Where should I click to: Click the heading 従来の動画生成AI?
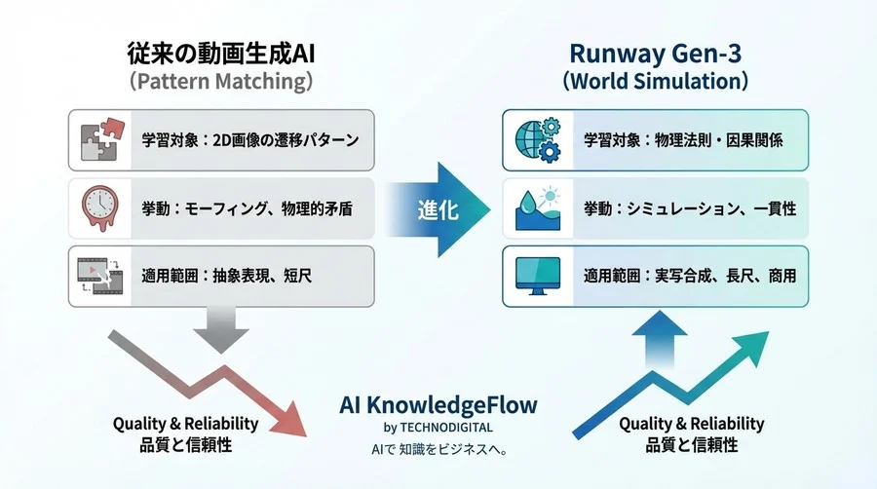pyautogui.click(x=221, y=52)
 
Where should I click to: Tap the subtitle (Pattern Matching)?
pyautogui.click(x=221, y=82)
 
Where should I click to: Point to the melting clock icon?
pyautogui.click(x=100, y=207)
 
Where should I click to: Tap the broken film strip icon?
pyautogui.click(x=100, y=277)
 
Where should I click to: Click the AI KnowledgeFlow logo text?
pyautogui.click(x=438, y=404)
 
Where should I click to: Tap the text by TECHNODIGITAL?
pyautogui.click(x=438, y=427)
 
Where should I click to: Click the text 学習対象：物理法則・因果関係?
pyautogui.click(x=683, y=139)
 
